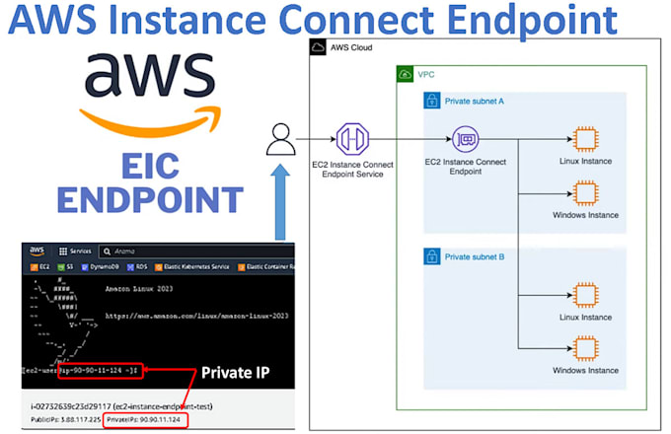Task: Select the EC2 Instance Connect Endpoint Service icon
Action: pos(353,139)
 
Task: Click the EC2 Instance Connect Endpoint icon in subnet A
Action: pos(466,139)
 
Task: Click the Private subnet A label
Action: pos(476,100)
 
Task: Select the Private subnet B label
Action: pos(476,256)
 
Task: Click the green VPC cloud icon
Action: pos(404,74)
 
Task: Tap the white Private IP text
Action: pos(234,373)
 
